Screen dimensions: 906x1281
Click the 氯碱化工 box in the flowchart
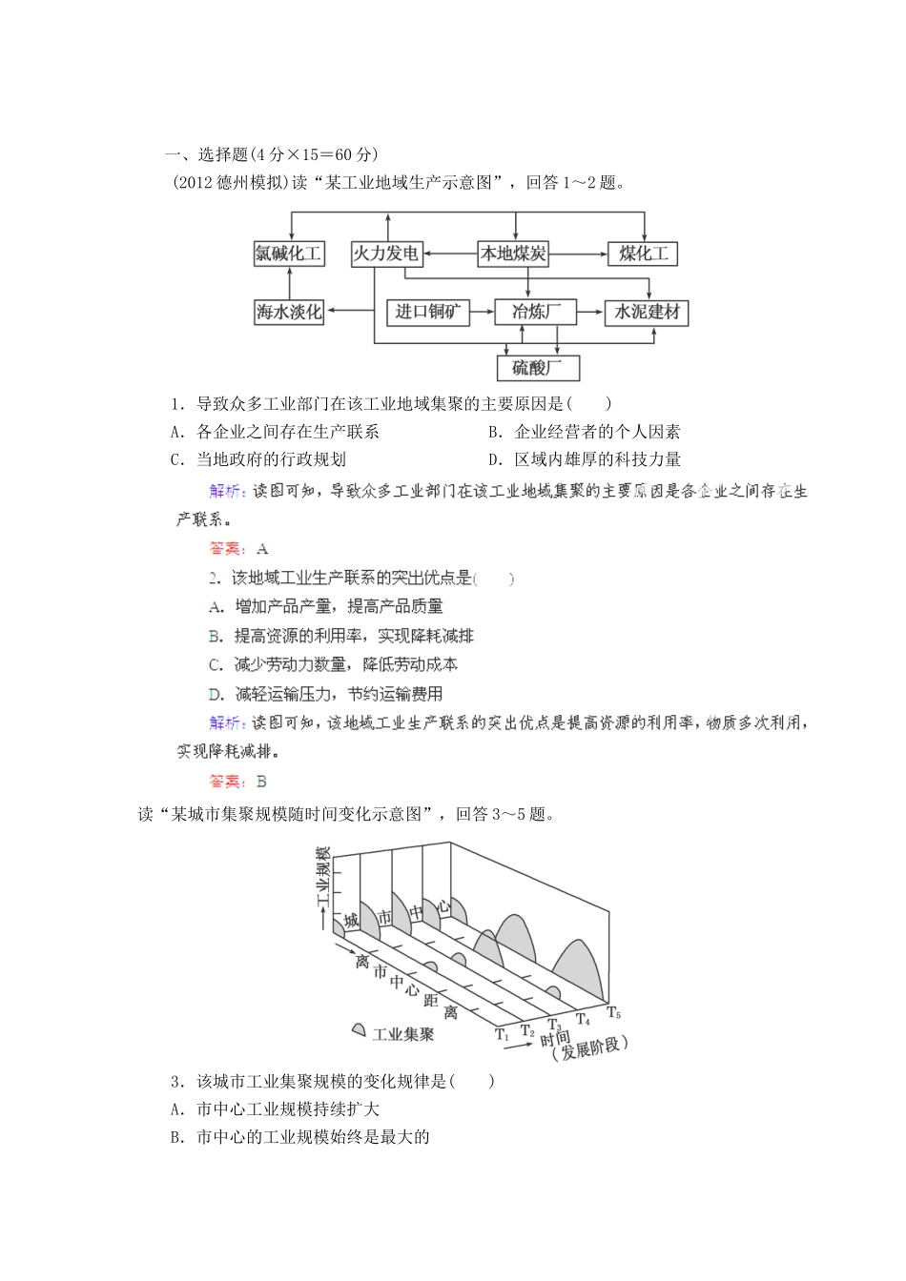(288, 254)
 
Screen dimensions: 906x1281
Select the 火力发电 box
(385, 254)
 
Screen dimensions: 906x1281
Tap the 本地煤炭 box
(513, 254)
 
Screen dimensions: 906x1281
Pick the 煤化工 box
(643, 254)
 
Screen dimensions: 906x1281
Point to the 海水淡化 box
(288, 312)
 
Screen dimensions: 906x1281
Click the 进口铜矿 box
(428, 312)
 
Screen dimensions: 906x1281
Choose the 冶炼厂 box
(536, 312)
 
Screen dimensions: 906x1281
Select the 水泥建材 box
(647, 312)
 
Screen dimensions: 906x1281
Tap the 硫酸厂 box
(538, 368)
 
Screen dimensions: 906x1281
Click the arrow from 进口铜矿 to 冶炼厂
(483, 312)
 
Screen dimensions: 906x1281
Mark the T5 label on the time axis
(613, 1012)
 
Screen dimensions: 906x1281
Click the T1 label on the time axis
(502, 1033)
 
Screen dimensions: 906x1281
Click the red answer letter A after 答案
(263, 549)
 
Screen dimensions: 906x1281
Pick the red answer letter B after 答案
(262, 782)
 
